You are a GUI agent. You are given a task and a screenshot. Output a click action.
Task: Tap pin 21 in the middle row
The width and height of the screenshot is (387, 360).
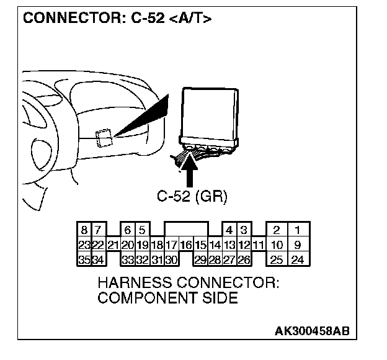coord(113,245)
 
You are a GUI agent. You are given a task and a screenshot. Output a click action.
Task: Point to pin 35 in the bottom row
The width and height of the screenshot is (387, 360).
coord(82,259)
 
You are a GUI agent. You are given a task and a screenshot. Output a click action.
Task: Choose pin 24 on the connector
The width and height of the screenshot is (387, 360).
coord(298,259)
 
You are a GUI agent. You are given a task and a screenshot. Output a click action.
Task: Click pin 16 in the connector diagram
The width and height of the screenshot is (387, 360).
coord(186,245)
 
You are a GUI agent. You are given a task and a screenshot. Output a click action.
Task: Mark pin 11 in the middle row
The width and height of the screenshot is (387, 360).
coord(259,245)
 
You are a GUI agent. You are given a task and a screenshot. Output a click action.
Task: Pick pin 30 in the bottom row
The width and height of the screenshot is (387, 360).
coord(172,259)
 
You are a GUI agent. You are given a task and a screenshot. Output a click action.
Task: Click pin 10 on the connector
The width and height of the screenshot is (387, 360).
coord(277,245)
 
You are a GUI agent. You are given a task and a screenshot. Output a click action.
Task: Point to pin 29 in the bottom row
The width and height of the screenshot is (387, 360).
coord(200,259)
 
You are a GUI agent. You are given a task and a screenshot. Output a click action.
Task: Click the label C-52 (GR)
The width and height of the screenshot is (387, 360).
coord(192,197)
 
